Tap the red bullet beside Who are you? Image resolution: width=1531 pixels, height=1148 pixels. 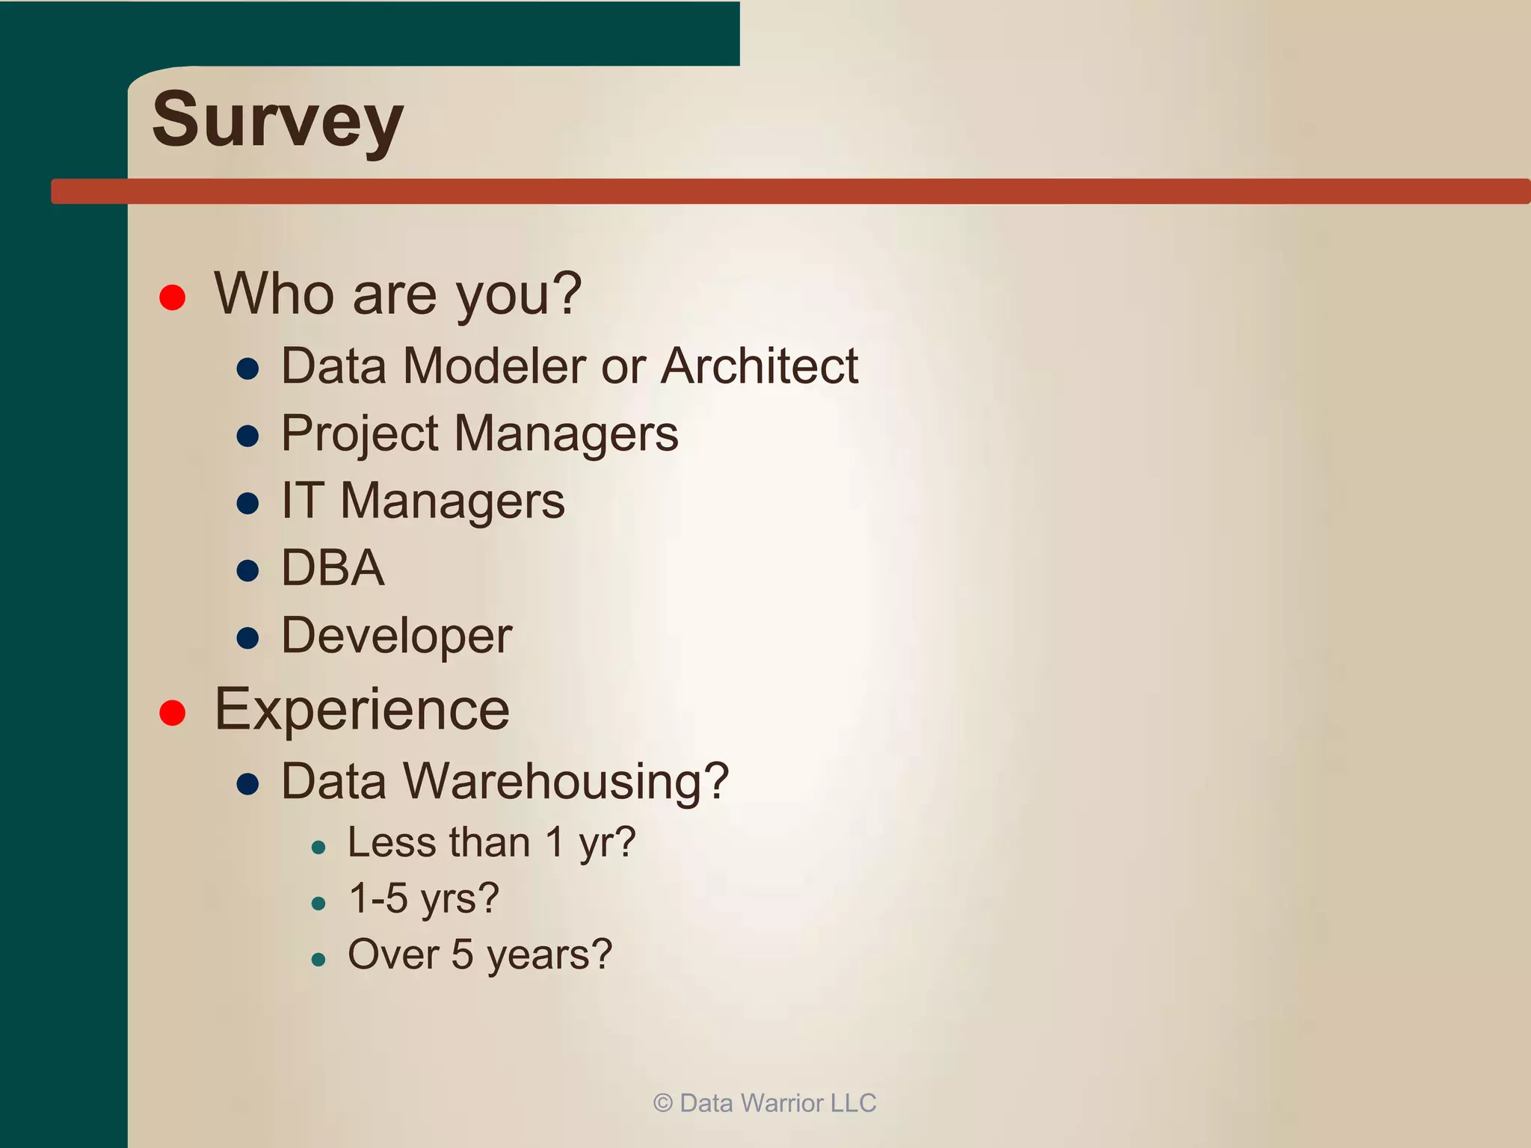(173, 297)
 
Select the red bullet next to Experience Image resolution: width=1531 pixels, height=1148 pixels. (173, 712)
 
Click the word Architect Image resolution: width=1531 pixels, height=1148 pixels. (760, 366)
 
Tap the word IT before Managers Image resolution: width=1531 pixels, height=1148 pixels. (302, 501)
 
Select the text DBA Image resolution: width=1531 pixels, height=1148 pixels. (333, 568)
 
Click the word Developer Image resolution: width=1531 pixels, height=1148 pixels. (396, 637)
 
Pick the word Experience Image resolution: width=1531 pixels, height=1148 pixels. (362, 709)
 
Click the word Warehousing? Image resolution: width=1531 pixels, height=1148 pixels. (566, 782)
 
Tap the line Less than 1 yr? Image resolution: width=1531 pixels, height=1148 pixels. (491, 843)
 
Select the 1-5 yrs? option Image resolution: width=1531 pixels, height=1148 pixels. (423, 898)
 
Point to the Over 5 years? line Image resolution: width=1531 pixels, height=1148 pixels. (480, 955)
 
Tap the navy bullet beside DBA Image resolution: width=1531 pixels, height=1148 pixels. (247, 571)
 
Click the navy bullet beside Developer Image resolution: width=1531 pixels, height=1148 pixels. (247, 638)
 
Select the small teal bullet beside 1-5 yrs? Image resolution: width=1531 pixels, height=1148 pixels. (318, 904)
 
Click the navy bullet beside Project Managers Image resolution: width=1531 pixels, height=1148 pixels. (247, 436)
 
